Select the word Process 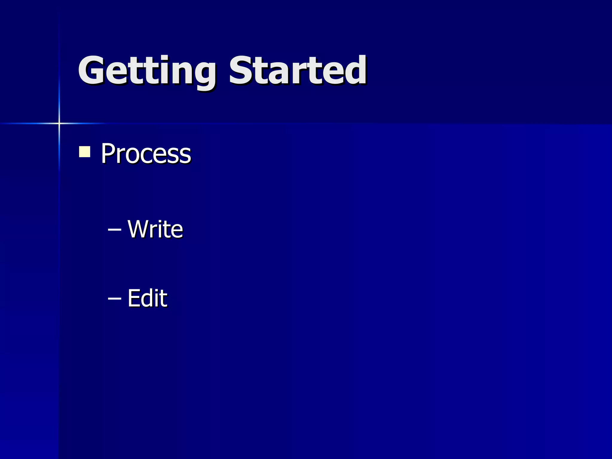coord(146,154)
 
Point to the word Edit coord(147,298)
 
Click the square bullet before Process coord(85,152)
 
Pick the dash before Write coord(114,229)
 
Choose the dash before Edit coord(114,298)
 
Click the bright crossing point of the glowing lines coord(59,123)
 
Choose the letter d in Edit coord(149,298)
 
